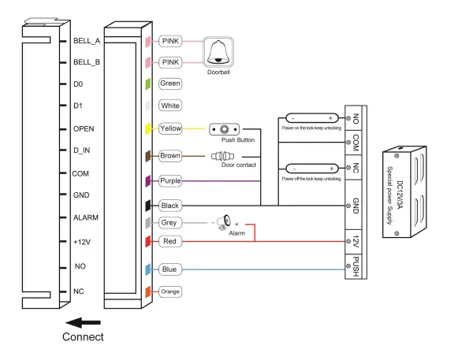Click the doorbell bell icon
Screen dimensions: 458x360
(x=218, y=52)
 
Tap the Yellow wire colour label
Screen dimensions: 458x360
(x=170, y=128)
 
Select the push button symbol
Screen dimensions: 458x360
(x=225, y=129)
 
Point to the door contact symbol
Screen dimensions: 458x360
(x=222, y=156)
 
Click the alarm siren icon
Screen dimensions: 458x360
(x=224, y=223)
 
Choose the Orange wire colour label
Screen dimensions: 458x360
(x=170, y=291)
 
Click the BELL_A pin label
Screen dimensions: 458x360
(x=87, y=41)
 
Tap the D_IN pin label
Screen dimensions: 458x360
(x=81, y=150)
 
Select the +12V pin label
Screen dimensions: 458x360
(x=82, y=242)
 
